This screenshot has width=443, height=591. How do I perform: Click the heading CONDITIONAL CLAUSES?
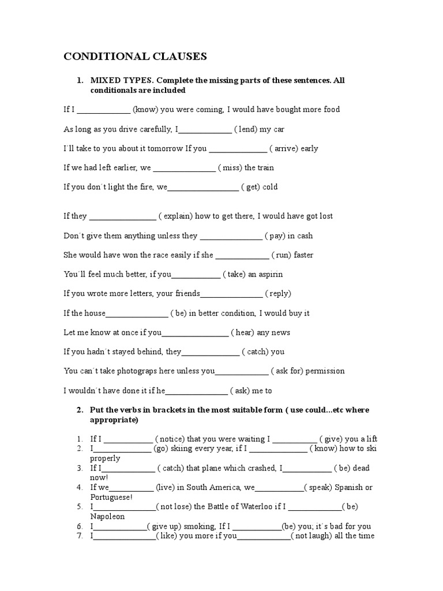[134, 57]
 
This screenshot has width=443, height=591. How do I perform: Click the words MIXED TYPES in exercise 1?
[117, 80]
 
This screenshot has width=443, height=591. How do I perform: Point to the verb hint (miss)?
[230, 168]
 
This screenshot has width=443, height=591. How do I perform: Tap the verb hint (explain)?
[175, 216]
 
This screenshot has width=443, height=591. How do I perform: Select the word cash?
[303, 236]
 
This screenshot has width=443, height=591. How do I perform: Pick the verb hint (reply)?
[279, 294]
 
